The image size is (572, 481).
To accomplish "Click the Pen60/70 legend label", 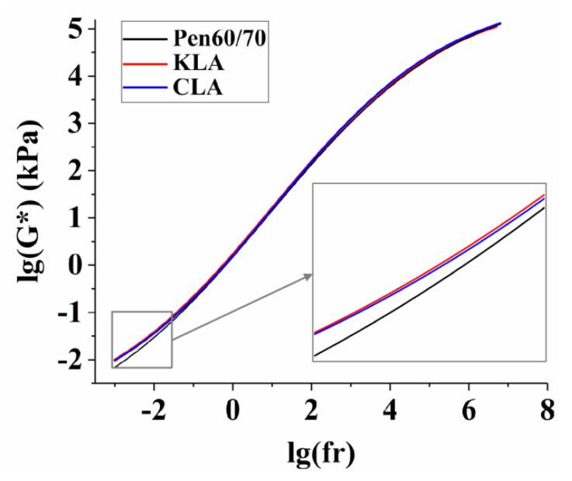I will pos(217,36).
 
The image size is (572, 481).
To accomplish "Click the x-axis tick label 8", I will pos(547,407).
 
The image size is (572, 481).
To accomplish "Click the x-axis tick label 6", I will pos(468,407).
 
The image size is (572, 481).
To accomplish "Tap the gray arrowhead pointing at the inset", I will pos(308,275).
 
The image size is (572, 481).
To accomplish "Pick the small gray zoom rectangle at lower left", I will pos(141,339).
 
